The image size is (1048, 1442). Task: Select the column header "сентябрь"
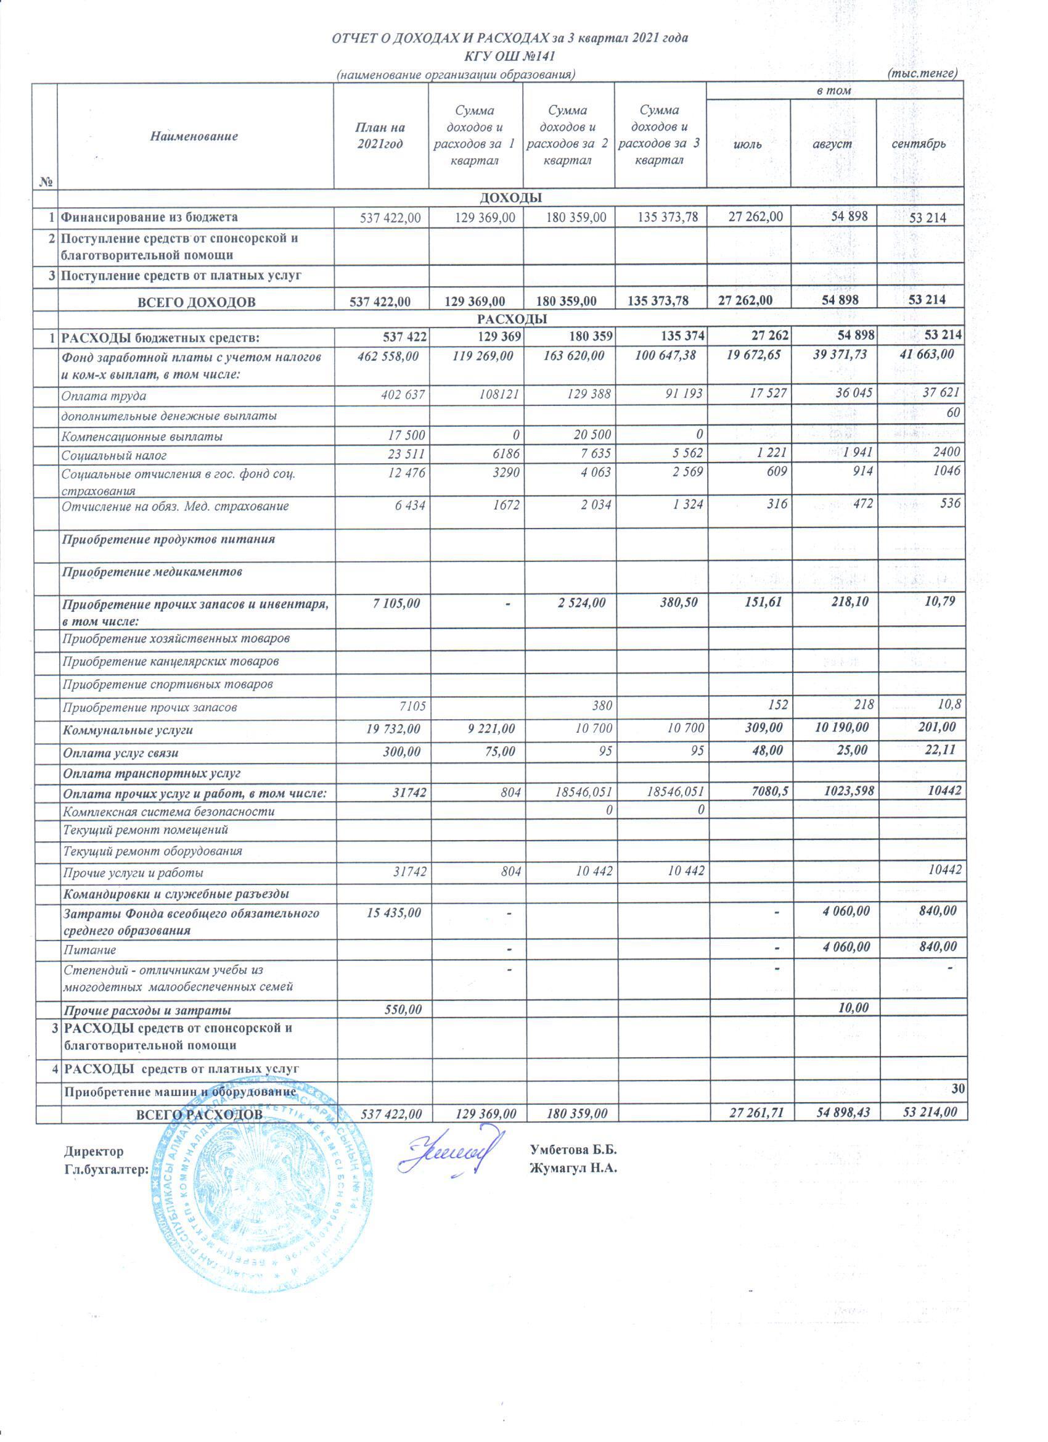(919, 144)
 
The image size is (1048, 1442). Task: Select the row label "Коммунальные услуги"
(127, 730)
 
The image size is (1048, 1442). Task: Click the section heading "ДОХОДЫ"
(511, 198)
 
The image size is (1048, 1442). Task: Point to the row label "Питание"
(89, 950)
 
